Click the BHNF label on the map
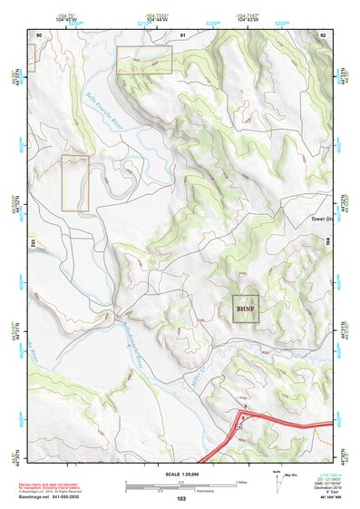245,308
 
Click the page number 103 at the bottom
181,499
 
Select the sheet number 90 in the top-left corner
39,34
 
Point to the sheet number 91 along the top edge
182,34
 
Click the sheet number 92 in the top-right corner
323,34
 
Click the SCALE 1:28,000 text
181,472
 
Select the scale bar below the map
181,484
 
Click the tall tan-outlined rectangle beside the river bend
75,183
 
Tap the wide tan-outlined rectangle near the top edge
144,60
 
